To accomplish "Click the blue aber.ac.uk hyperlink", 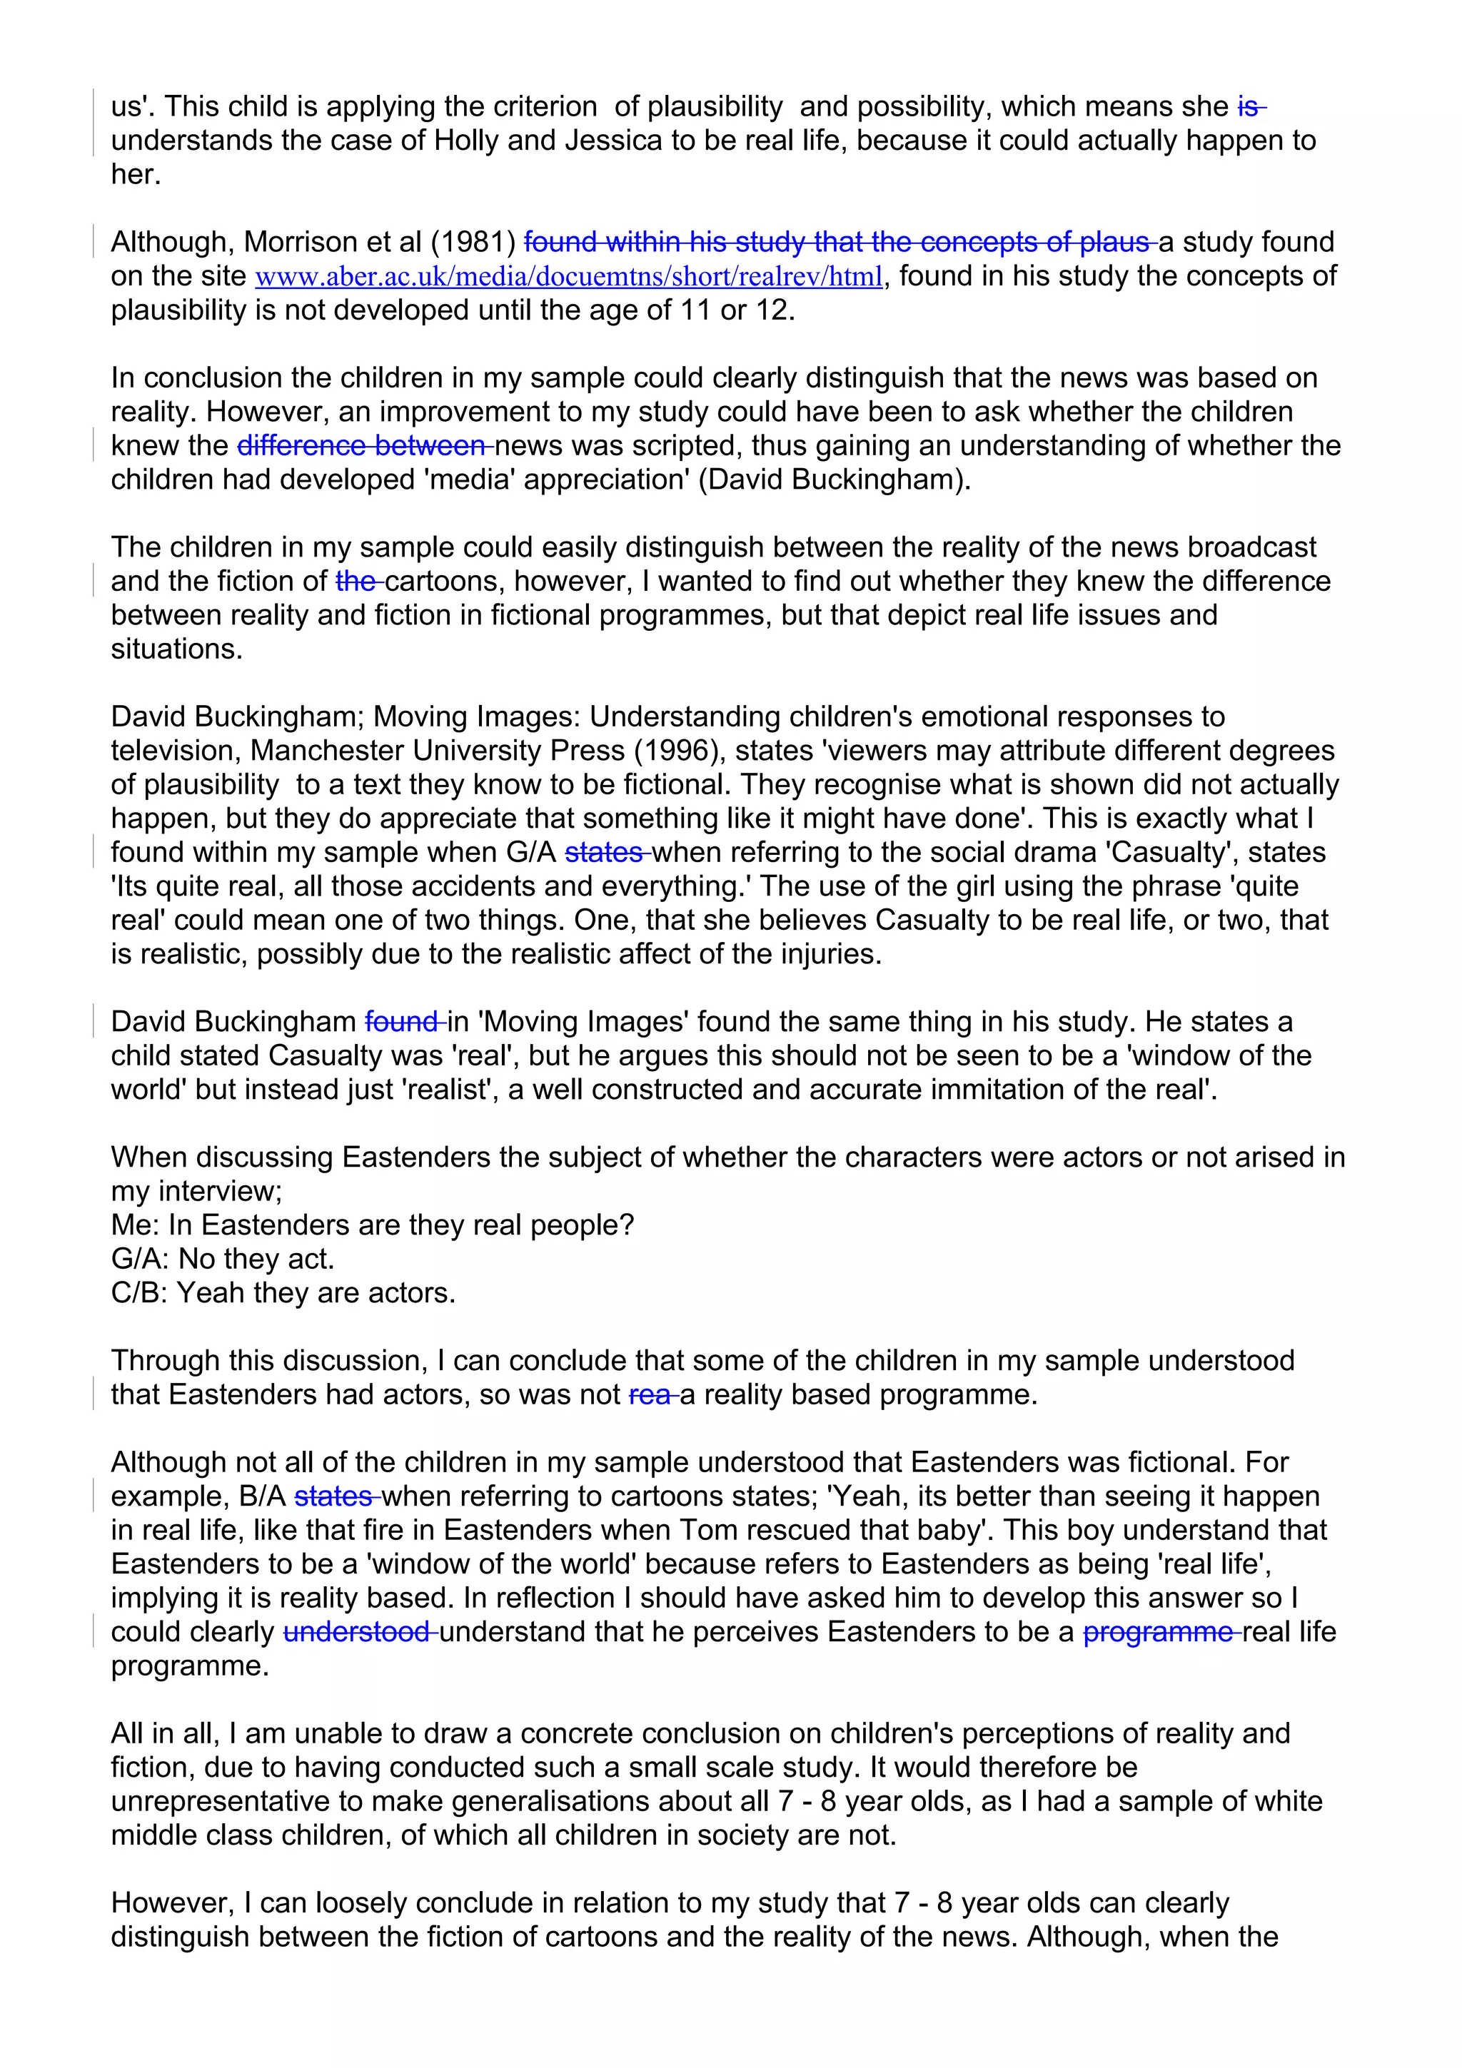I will tap(568, 276).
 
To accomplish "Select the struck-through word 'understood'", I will tap(358, 1632).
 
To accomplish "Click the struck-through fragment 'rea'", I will tap(651, 1394).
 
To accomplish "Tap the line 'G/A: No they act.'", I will tap(223, 1259).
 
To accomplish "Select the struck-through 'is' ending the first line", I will tap(1249, 106).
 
